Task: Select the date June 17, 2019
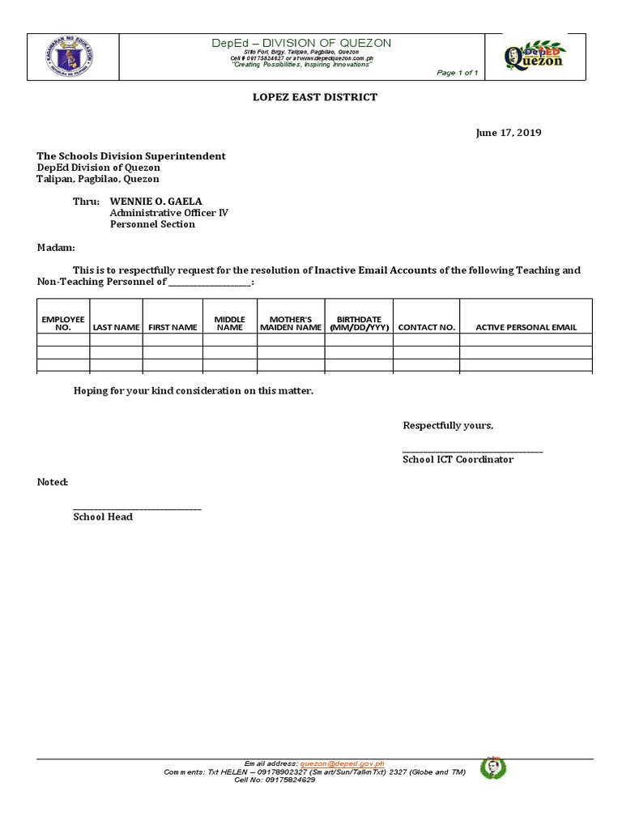508,133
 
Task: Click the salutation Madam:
56,247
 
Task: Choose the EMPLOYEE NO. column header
63,324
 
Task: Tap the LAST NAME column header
117,328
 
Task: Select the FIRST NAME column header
173,328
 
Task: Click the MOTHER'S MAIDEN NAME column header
291,324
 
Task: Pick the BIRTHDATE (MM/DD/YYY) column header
358,324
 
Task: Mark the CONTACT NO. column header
427,328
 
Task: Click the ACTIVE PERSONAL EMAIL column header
526,328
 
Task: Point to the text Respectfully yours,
448,426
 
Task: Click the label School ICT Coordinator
458,459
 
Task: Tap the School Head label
103,517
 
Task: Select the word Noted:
53,482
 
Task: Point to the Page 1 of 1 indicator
458,73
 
